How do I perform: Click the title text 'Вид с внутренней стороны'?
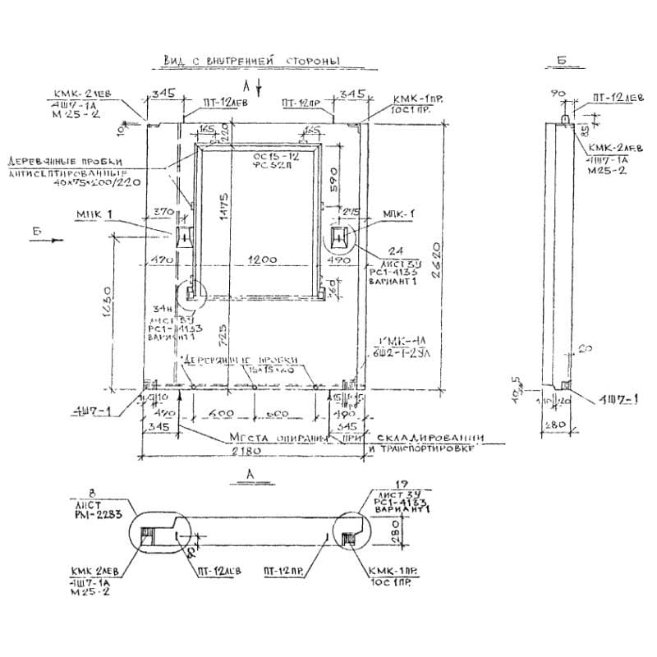[252, 62]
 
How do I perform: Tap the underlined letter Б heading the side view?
[561, 62]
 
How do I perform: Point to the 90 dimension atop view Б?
[561, 95]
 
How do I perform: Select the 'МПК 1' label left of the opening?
[94, 214]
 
